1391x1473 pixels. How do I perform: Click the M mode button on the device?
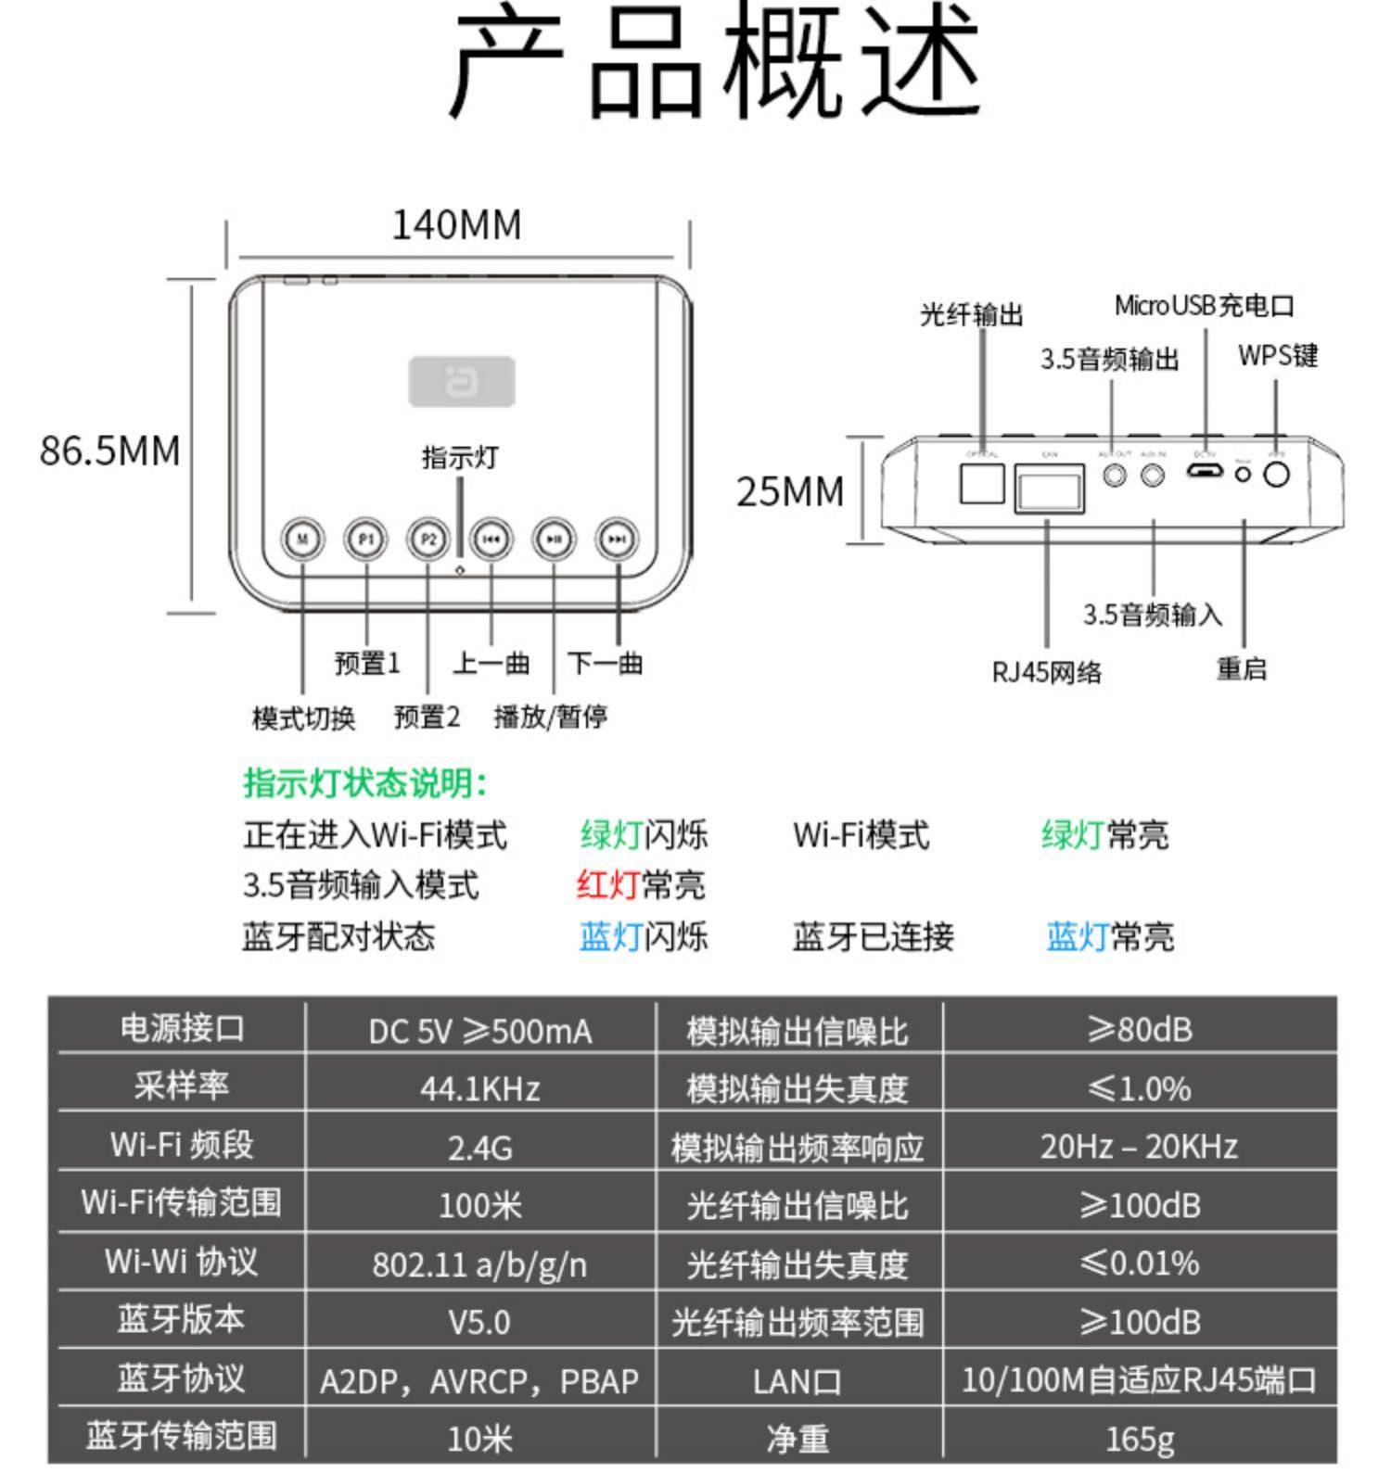click(302, 539)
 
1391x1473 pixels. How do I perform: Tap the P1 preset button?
click(365, 539)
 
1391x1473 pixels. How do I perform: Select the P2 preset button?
click(428, 539)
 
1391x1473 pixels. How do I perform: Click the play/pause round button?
click(554, 539)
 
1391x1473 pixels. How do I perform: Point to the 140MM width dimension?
click(456, 225)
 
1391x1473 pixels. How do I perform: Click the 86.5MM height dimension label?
click(109, 451)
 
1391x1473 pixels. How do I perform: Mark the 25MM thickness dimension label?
click(790, 491)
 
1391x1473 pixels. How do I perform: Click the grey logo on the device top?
click(462, 381)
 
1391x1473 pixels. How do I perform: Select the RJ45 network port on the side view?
click(1050, 488)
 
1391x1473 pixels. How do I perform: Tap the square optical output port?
click(982, 483)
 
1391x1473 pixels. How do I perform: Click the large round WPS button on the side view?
click(1277, 474)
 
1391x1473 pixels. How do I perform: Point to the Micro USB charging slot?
click(1205, 472)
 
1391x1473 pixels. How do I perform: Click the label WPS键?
click(1278, 356)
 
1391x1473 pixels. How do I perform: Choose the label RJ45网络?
click(1047, 672)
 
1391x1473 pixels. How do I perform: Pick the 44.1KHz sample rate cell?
click(480, 1088)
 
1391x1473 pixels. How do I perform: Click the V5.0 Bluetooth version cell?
click(480, 1322)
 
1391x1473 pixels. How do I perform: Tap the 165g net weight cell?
click(1140, 1439)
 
